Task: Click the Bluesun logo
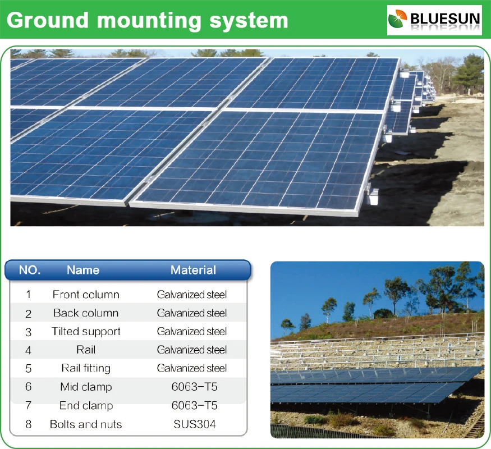pos(434,20)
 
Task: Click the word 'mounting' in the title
pos(148,21)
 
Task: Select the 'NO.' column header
pos(30,270)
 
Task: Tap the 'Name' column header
pos(83,270)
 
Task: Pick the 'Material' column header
pos(193,270)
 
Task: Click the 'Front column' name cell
pos(86,294)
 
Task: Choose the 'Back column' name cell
pos(86,313)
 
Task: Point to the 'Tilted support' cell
pos(86,331)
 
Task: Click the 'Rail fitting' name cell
pos(86,368)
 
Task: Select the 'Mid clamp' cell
pos(86,387)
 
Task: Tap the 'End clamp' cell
pos(86,405)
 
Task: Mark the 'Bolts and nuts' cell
pos(86,424)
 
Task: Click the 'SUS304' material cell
pos(192,424)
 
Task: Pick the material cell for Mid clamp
pos(192,387)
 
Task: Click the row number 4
pos(29,350)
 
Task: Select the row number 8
pos(29,424)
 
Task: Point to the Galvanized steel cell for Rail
pos(192,350)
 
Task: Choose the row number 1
pos(29,294)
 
